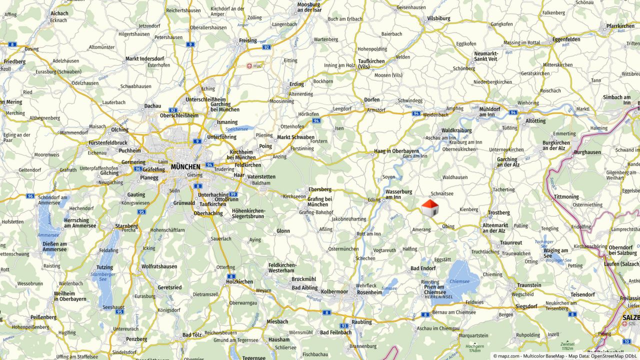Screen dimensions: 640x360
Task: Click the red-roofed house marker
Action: [429, 208]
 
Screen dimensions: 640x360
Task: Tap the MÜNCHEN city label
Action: [185, 166]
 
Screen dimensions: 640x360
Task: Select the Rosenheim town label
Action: [369, 292]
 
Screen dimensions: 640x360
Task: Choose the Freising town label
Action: [248, 40]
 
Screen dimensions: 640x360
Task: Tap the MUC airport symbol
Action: [249, 65]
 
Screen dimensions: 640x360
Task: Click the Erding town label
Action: [296, 84]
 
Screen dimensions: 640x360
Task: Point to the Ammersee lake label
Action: [48, 234]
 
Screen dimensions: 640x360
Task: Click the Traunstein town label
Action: [529, 285]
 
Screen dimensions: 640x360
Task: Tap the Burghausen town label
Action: [587, 152]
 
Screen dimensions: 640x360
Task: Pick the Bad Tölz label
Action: [192, 335]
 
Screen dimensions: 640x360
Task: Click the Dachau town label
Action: [152, 106]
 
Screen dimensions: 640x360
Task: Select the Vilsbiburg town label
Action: [438, 18]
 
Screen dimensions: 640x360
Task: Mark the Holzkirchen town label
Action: [239, 281]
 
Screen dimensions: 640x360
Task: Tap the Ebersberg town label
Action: [320, 189]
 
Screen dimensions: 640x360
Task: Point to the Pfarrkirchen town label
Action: [620, 26]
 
